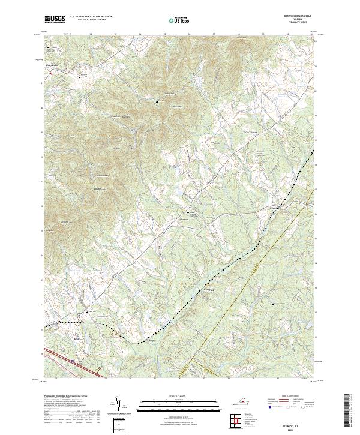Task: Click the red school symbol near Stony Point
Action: [x=51, y=73]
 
